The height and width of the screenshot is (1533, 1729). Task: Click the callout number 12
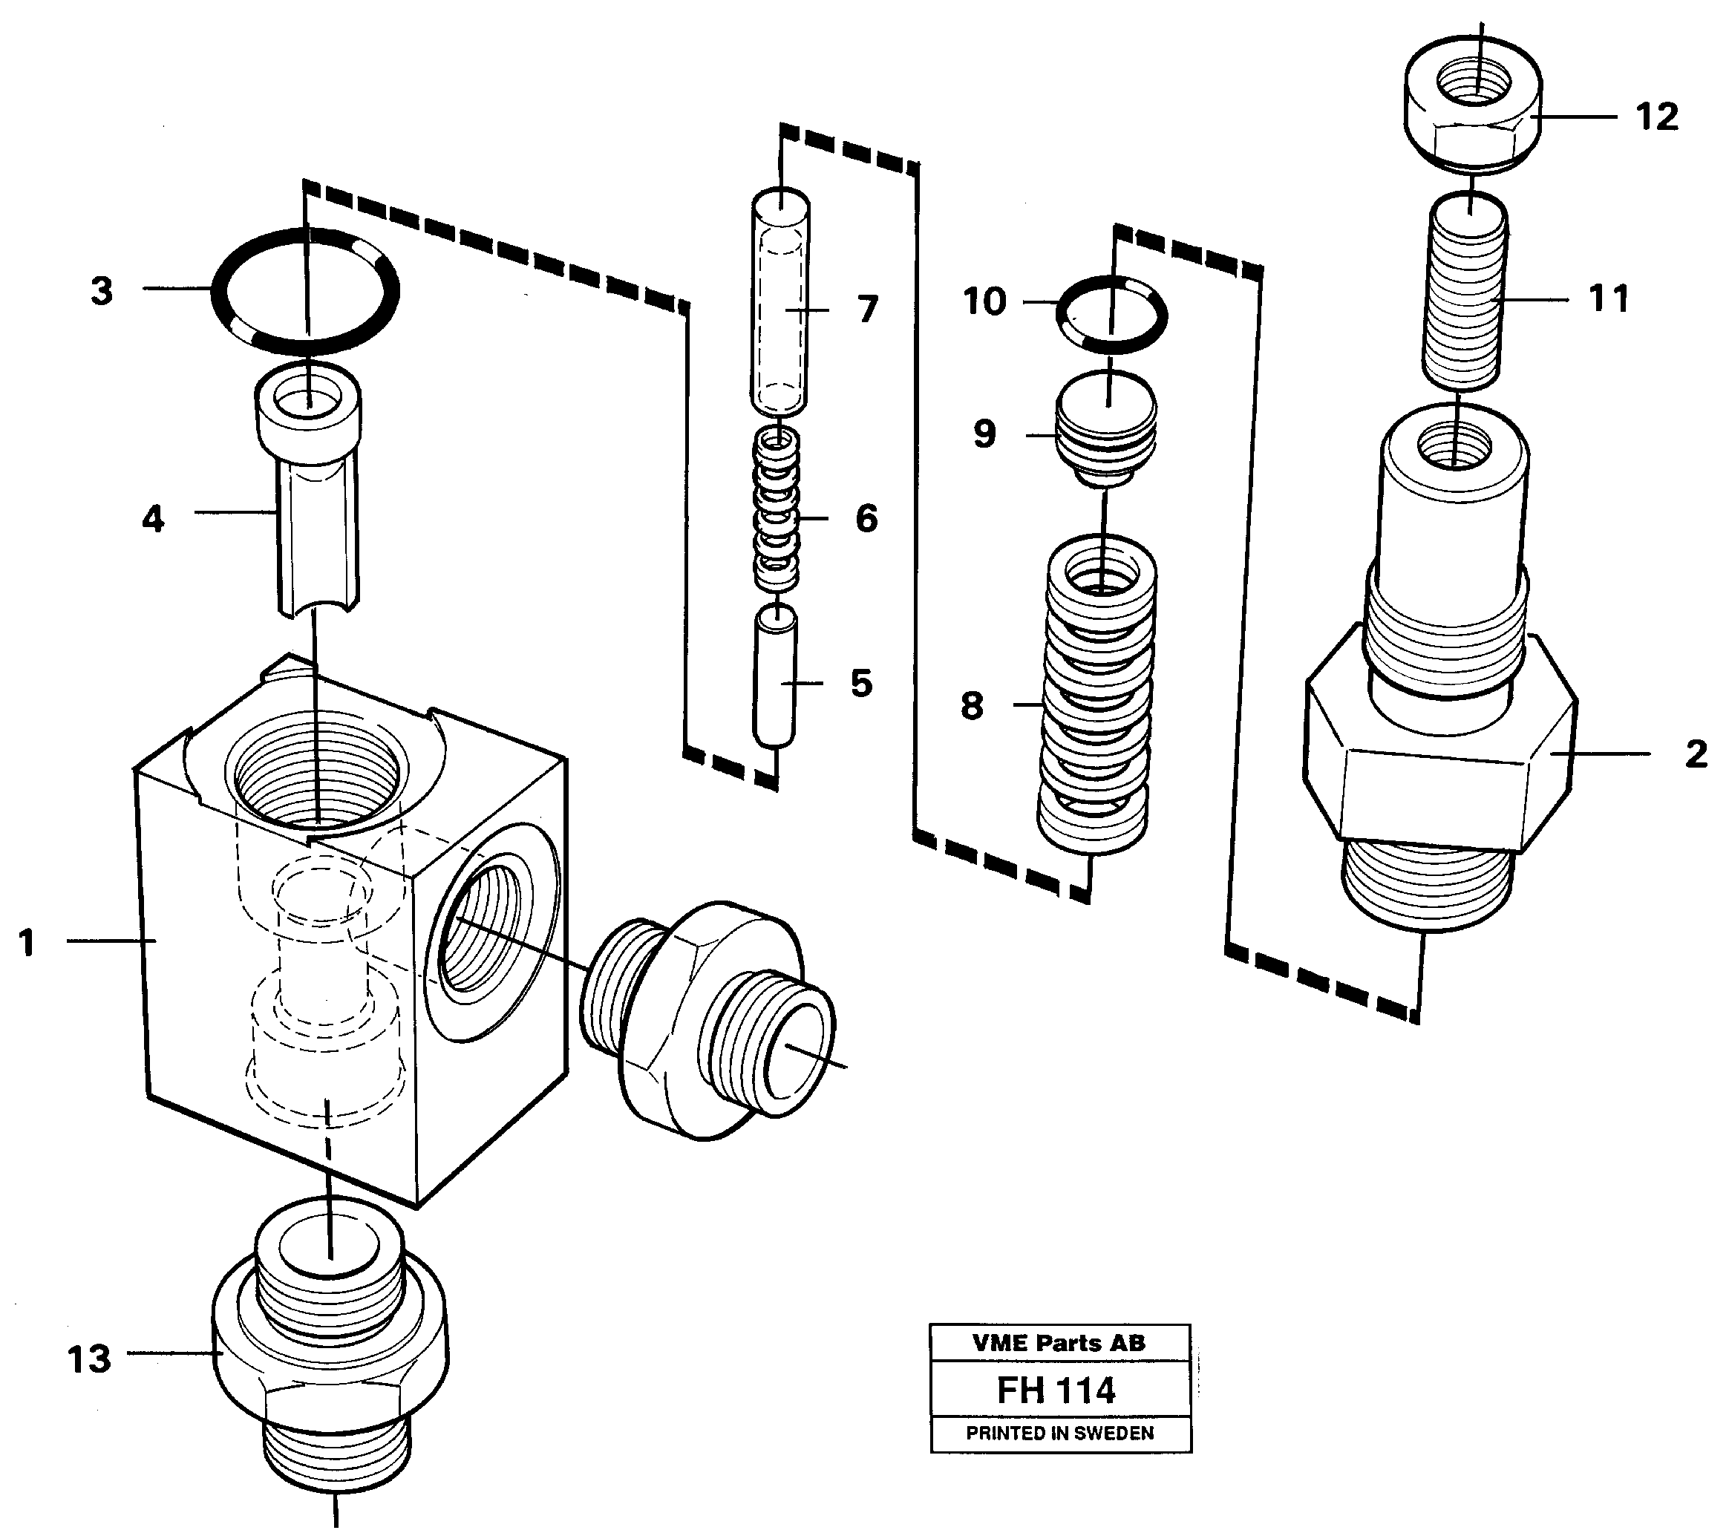coord(1656,117)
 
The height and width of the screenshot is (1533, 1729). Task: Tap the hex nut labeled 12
coord(1473,105)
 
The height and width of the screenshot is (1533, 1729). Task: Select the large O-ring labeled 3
coord(304,291)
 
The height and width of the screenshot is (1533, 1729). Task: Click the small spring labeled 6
coord(777,511)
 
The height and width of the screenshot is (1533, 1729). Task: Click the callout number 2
coord(1695,754)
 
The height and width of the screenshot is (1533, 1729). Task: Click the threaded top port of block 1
coord(316,770)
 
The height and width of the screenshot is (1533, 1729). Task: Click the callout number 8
coord(972,705)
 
